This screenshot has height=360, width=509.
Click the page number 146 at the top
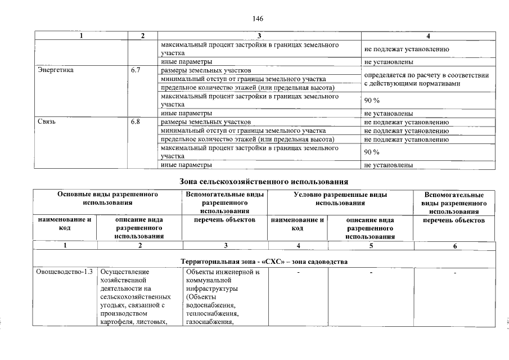(258, 18)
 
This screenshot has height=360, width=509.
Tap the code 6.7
(135, 71)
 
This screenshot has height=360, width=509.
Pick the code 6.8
(135, 121)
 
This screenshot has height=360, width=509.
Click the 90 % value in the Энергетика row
(372, 101)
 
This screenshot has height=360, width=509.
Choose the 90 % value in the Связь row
(372, 152)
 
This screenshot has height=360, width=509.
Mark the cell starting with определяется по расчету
(426, 79)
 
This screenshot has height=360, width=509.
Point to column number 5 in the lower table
(371, 245)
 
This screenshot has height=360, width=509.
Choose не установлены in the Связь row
(389, 165)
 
